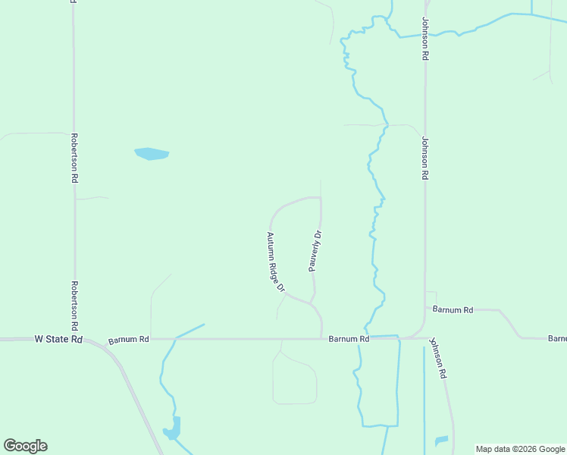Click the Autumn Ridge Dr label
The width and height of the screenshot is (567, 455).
pos(274,262)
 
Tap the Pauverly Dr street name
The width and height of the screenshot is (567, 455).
pos(315,251)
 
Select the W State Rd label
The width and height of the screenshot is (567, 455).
pos(58,340)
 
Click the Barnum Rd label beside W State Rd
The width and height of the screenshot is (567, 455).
pos(128,340)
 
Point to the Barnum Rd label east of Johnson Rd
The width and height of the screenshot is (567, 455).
pos(453,309)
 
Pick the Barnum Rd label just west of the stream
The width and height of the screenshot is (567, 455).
pos(349,340)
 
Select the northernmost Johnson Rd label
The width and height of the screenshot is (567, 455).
pos(425,39)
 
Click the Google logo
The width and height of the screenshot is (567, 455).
pos(25,446)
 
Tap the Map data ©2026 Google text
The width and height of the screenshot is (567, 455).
pos(520,449)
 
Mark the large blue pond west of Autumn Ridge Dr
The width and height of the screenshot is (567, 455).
pos(152,154)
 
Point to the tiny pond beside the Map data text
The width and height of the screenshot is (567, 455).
pos(441,441)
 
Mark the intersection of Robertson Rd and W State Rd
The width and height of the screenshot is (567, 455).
pos(75,339)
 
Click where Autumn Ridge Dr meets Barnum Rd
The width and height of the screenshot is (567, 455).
pos(322,338)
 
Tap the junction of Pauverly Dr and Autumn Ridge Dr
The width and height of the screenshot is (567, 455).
pos(312,302)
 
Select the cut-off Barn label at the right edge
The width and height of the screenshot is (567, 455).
pos(557,337)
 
